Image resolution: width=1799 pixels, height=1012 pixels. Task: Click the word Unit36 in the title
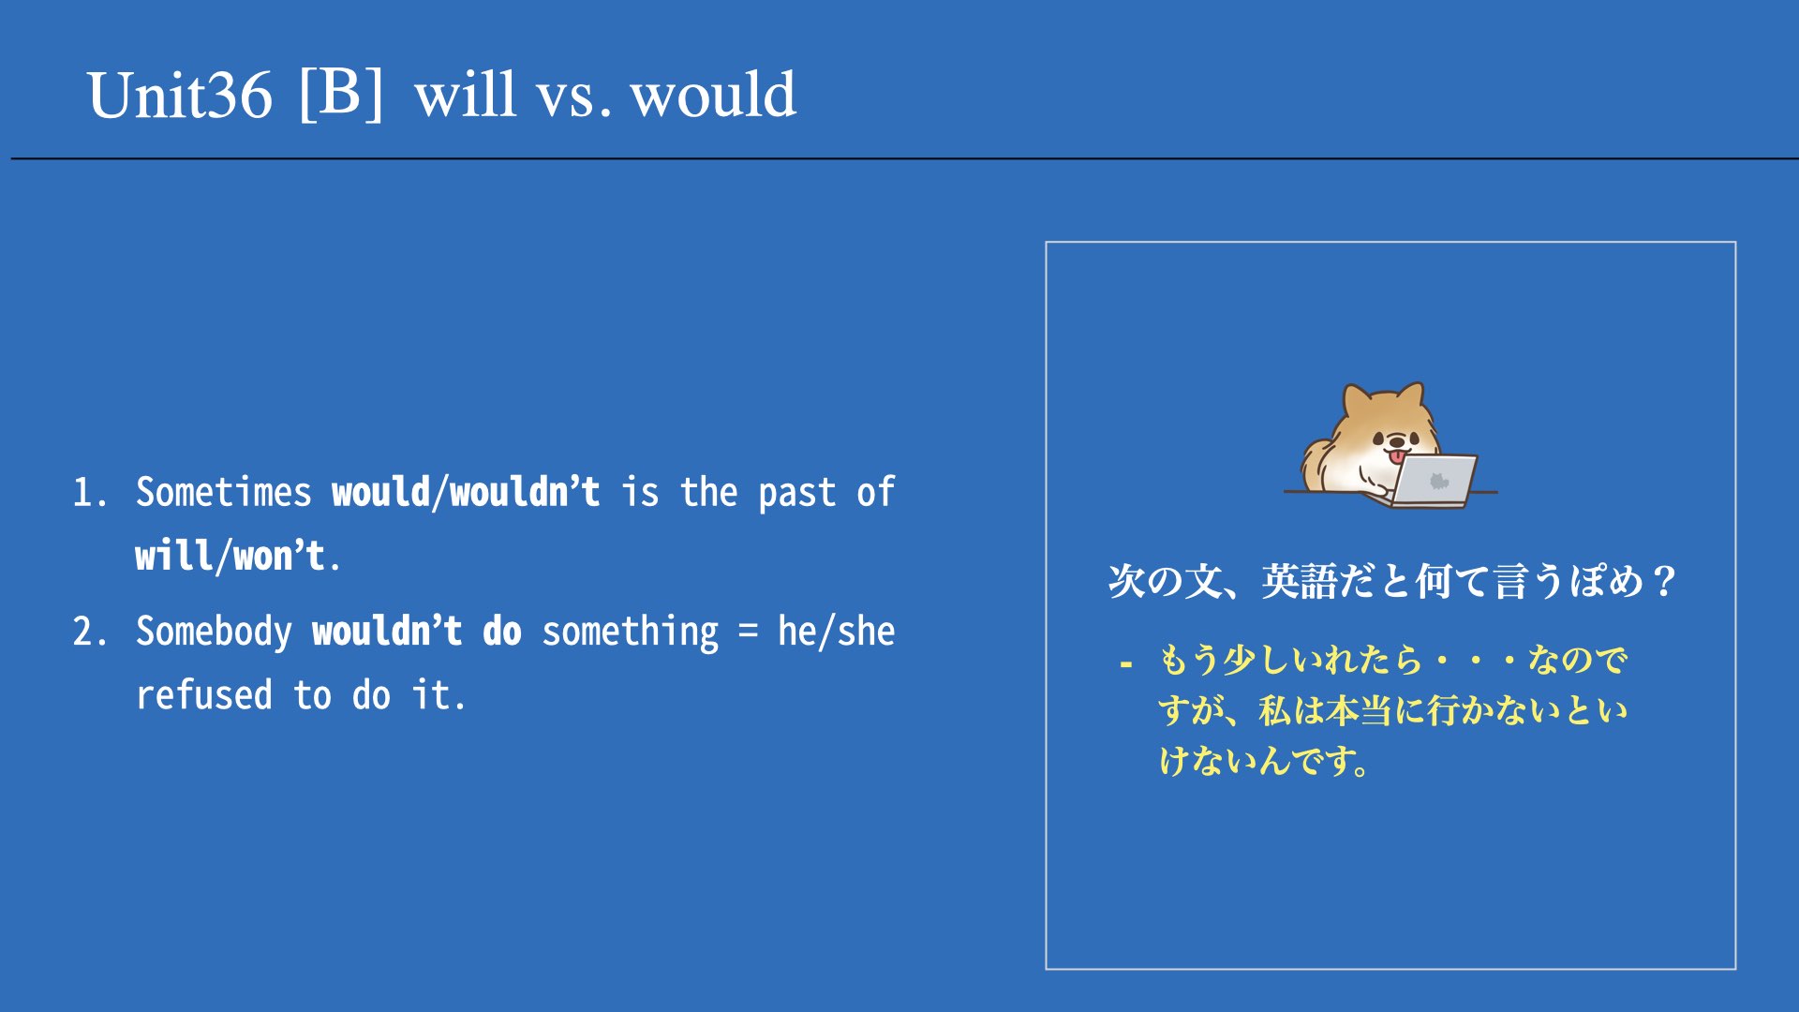click(x=180, y=96)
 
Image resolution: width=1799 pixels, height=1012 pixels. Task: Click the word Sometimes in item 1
click(x=223, y=492)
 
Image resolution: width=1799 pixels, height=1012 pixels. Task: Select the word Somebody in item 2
click(x=214, y=631)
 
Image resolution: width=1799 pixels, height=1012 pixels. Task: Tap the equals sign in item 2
click(x=748, y=631)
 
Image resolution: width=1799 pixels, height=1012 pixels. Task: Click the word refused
click(x=204, y=694)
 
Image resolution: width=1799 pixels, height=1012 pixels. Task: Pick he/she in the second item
click(x=836, y=631)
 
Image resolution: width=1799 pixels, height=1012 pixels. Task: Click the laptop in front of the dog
click(x=1430, y=481)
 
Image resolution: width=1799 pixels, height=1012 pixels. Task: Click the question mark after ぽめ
click(x=1664, y=581)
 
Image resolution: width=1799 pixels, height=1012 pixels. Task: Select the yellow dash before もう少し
click(x=1125, y=664)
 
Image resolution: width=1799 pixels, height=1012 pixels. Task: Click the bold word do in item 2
click(x=501, y=631)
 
